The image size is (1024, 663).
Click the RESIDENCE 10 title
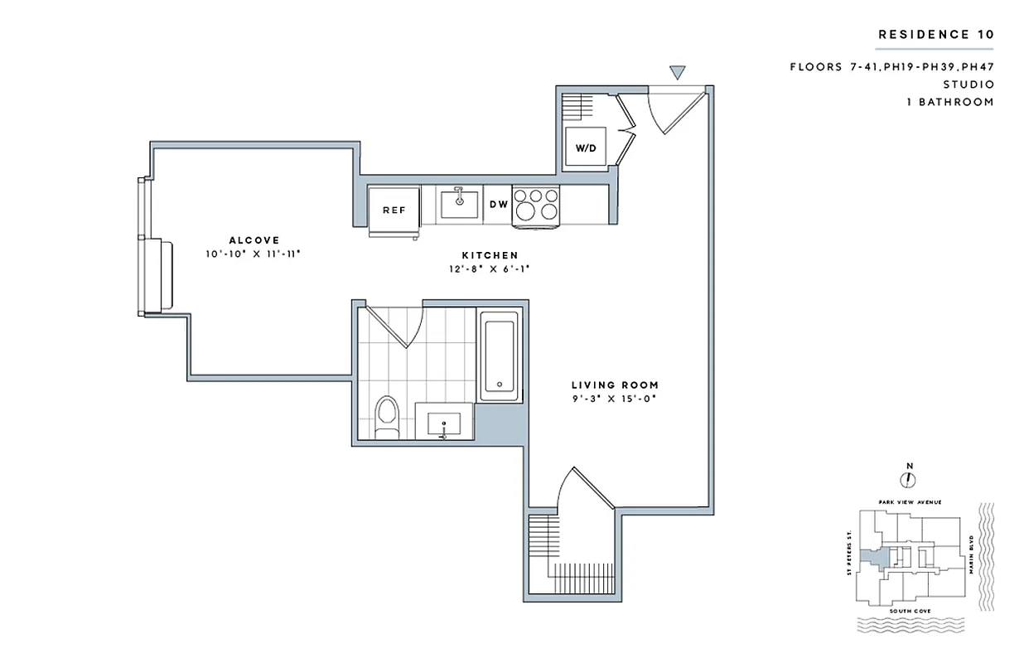935,35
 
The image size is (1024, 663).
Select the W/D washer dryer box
587,148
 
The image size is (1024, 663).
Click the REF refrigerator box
394,210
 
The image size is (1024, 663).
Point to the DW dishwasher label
498,205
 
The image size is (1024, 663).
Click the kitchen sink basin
458,203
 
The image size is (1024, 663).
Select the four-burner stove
537,204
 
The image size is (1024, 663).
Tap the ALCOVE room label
254,240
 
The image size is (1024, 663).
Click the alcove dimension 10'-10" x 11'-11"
253,254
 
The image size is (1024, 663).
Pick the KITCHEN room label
490,255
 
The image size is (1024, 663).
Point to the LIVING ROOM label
615,385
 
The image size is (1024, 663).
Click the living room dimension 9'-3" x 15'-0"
615,399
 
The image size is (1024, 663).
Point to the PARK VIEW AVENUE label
909,502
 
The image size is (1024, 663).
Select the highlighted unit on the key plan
871,559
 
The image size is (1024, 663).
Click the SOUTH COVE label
909,611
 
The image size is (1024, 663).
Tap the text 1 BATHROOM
949,102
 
